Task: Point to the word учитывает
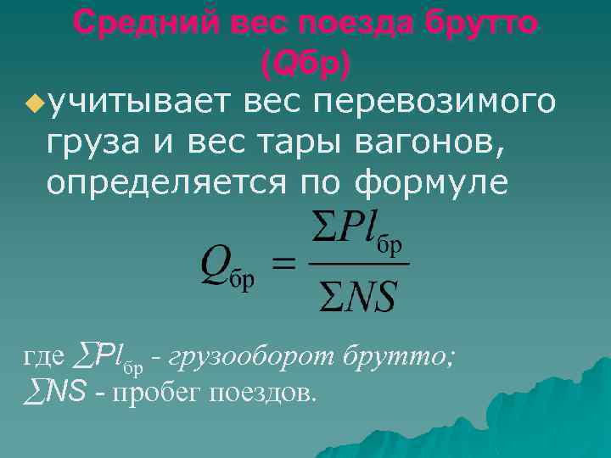142,103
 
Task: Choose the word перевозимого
435,103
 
